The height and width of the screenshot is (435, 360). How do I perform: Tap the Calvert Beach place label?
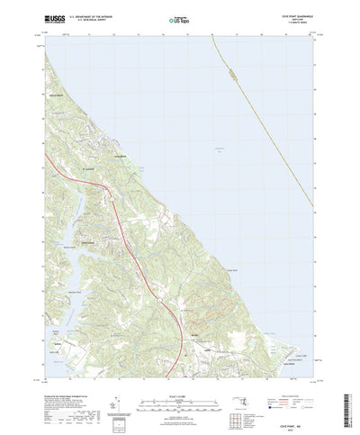point(56,95)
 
